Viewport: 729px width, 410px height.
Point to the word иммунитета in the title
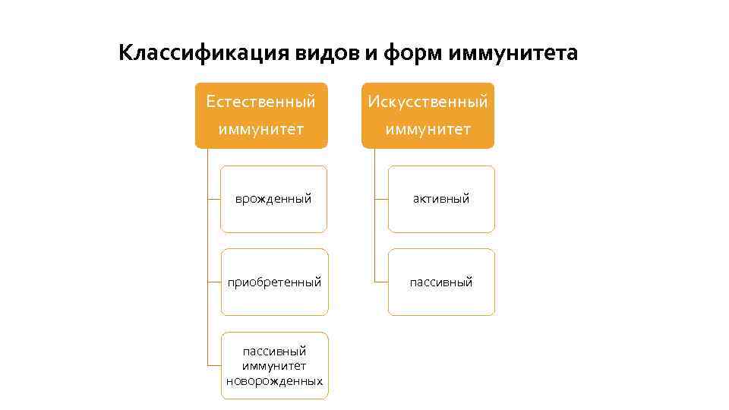513,53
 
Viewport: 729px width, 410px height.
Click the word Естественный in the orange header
261,101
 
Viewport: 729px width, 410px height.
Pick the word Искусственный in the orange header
428,101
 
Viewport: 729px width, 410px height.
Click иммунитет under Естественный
261,130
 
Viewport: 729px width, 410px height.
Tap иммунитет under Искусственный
428,130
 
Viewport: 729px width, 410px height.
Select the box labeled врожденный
273,216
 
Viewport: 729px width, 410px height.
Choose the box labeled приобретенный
274,300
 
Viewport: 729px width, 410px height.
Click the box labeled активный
441,216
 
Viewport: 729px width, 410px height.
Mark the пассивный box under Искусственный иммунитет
441,300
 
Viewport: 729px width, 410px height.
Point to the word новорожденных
274,381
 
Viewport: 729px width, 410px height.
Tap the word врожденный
273,199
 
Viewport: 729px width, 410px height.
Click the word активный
441,199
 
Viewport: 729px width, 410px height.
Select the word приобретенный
274,282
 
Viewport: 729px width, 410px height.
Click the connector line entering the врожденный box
213,199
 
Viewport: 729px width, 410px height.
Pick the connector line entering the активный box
381,199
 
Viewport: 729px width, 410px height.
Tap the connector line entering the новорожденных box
214,366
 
